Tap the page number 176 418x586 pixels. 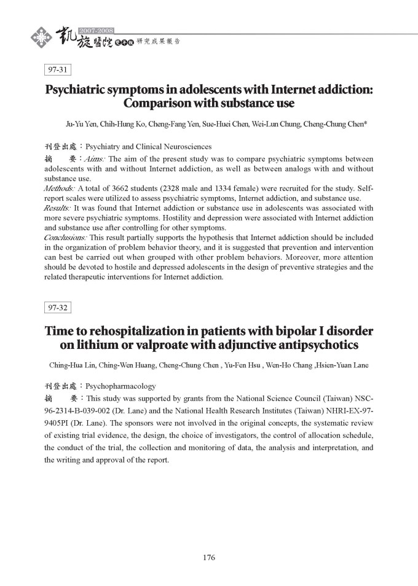[208, 558]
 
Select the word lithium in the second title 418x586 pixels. [95, 345]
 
